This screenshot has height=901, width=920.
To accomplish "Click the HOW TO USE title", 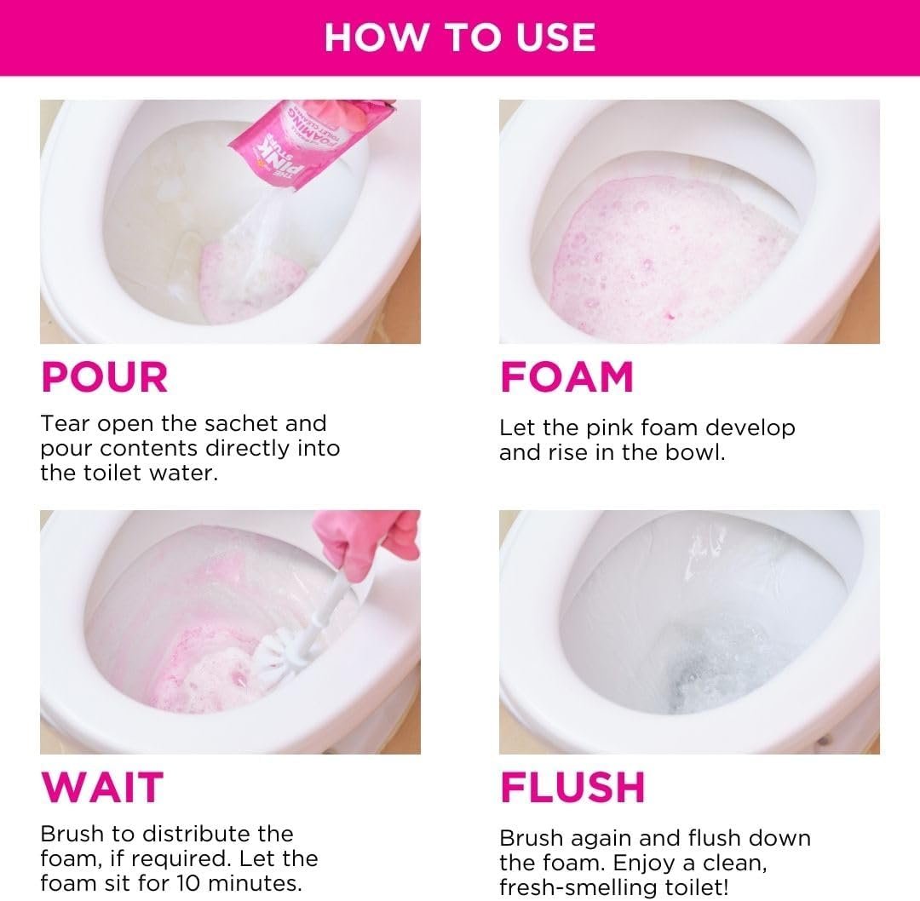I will pyautogui.click(x=460, y=37).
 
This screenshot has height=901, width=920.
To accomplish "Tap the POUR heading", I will pyautogui.click(x=105, y=377).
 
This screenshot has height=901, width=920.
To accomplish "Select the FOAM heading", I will pyautogui.click(x=566, y=377).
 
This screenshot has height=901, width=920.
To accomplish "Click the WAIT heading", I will pyautogui.click(x=101, y=788).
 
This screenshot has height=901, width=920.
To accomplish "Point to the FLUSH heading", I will pyautogui.click(x=572, y=788).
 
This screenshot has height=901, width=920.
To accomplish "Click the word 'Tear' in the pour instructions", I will pyautogui.click(x=66, y=423).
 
